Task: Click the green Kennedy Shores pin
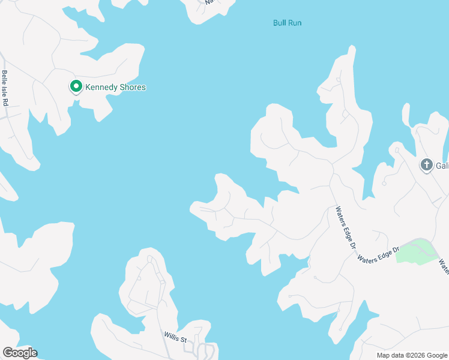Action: coord(76,87)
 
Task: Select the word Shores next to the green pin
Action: coord(133,88)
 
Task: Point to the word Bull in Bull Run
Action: coord(279,23)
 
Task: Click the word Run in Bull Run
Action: coord(294,23)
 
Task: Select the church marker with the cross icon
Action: coord(427,164)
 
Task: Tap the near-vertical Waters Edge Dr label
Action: coord(346,229)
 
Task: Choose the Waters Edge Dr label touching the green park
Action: coord(378,254)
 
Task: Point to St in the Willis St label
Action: coord(184,340)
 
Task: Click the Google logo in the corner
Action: coord(20,352)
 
